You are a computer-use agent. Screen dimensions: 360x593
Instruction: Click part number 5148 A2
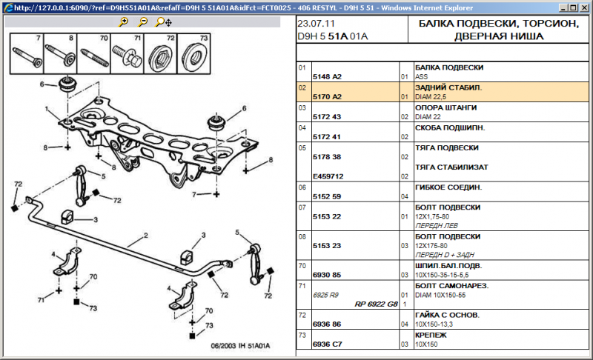click(328, 76)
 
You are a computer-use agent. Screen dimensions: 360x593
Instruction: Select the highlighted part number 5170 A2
click(328, 96)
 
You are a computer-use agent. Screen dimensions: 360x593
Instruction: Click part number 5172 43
click(327, 116)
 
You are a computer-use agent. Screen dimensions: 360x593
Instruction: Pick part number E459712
click(329, 176)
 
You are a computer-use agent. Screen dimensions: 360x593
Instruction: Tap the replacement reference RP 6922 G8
click(376, 304)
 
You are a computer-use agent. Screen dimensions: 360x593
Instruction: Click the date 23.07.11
click(317, 24)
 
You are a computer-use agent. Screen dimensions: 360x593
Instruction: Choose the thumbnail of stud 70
click(93, 53)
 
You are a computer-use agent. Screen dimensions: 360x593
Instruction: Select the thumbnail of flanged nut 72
click(159, 53)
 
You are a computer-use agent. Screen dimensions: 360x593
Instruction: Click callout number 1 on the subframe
click(46, 109)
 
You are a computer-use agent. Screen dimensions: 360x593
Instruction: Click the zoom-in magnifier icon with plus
click(124, 22)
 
